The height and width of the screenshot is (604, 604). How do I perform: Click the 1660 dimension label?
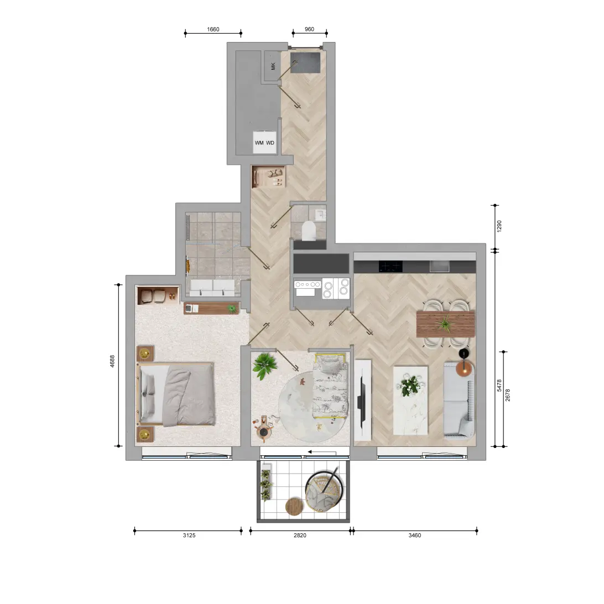click(x=213, y=29)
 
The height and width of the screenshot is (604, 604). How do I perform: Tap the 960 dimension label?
click(x=309, y=29)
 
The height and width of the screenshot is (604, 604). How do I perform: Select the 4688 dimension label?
click(x=112, y=361)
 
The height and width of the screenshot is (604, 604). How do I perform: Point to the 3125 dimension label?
click(x=189, y=535)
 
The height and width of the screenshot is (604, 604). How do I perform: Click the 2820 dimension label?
click(x=300, y=535)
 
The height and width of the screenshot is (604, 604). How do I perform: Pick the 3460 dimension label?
click(x=415, y=535)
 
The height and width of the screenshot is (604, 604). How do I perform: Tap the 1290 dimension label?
click(x=499, y=226)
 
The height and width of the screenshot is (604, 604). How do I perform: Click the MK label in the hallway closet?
click(x=273, y=66)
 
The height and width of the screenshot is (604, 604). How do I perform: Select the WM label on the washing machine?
click(x=259, y=143)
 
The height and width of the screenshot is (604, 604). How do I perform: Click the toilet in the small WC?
click(x=309, y=230)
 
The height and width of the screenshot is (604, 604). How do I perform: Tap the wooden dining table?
click(x=446, y=324)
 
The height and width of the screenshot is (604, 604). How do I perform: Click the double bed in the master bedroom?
click(x=176, y=394)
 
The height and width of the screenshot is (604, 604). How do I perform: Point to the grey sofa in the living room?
click(x=459, y=400)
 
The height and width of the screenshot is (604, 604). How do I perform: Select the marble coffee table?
click(x=410, y=400)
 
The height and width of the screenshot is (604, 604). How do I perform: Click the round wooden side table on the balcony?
click(x=295, y=507)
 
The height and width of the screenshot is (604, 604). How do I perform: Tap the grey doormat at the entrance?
click(x=305, y=63)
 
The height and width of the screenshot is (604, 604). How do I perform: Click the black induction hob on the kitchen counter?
click(x=390, y=266)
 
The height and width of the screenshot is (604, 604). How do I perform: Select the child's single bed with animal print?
click(x=330, y=387)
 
